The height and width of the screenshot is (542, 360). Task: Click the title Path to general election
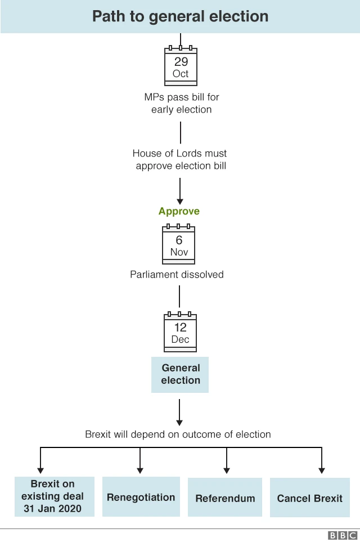coord(180,16)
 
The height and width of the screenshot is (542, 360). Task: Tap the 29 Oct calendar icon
coord(181,66)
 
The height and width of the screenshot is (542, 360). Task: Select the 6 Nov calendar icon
coord(179,245)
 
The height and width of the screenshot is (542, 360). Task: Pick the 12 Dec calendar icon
coord(180,333)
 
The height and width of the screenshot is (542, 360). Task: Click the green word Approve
coord(179,212)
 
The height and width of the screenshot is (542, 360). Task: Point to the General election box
coord(180,374)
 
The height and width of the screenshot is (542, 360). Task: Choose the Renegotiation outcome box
coord(141,497)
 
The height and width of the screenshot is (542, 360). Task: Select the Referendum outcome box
coord(225,498)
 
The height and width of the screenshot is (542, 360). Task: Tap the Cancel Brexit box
coord(310,498)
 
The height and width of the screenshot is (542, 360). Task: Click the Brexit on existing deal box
coord(54,496)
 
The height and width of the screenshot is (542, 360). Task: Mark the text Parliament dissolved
coord(177,275)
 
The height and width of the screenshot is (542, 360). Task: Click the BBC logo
coord(343,535)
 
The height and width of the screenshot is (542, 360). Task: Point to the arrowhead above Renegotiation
coord(140,469)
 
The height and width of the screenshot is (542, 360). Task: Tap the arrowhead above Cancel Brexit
coord(321,469)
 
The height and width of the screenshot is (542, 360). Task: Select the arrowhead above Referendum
coord(226,469)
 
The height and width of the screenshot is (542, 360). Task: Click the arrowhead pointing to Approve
coord(180,200)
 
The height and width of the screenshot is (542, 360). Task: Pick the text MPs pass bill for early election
coord(181,103)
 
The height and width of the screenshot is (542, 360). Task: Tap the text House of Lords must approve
coord(180,159)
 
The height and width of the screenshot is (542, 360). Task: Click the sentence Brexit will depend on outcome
coord(178,435)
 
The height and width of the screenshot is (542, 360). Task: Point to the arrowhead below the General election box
coord(179,421)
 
